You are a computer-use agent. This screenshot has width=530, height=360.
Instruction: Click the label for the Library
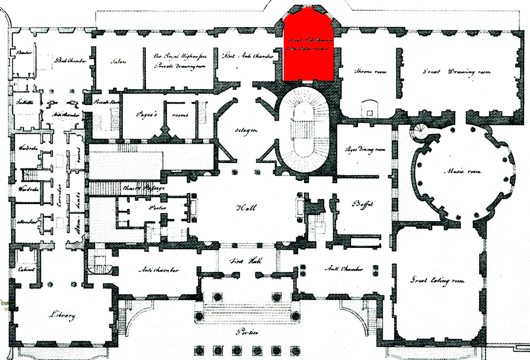click(x=60, y=315)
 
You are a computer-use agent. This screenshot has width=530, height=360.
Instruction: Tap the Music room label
click(x=463, y=171)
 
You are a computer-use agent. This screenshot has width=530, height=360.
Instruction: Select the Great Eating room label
click(x=437, y=280)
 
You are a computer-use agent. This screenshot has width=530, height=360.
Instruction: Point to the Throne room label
click(x=371, y=72)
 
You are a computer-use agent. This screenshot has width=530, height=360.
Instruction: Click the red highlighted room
click(x=309, y=48)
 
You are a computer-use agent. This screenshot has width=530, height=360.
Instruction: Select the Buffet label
click(x=362, y=204)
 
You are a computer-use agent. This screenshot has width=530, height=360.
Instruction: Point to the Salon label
click(x=118, y=61)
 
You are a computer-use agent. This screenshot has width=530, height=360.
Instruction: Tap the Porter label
click(x=158, y=208)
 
